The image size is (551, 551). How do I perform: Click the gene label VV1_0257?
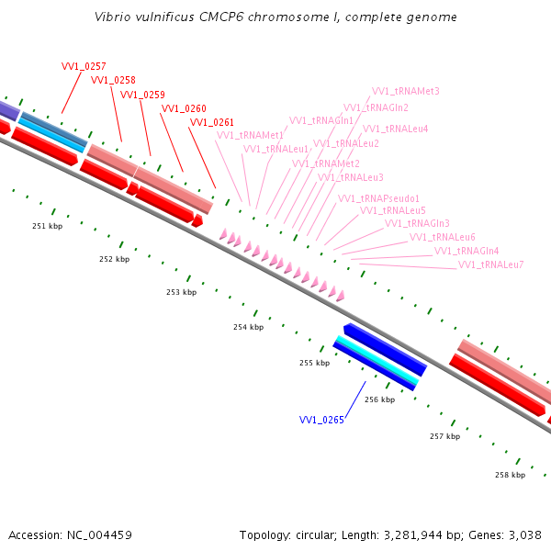(84, 67)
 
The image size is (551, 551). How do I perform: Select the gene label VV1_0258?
(113, 81)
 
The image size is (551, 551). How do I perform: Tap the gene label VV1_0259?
(142, 95)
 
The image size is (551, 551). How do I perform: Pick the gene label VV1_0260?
(184, 108)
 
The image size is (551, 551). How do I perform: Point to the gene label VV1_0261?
(212, 122)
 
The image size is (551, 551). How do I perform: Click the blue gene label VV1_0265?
(321, 421)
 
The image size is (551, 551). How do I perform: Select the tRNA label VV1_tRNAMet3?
(405, 91)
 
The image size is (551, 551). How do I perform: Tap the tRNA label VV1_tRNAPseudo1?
(378, 198)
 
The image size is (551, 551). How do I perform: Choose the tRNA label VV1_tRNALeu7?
(490, 264)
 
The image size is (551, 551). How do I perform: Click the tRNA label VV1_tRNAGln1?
(321, 120)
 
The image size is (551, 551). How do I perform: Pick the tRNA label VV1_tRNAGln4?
(467, 251)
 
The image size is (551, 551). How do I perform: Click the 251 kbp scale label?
(47, 226)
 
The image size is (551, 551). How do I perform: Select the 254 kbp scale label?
(248, 327)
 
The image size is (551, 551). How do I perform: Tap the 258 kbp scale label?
(510, 475)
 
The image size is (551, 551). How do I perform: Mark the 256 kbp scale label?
(379, 399)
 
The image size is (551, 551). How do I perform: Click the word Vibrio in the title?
(112, 17)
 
